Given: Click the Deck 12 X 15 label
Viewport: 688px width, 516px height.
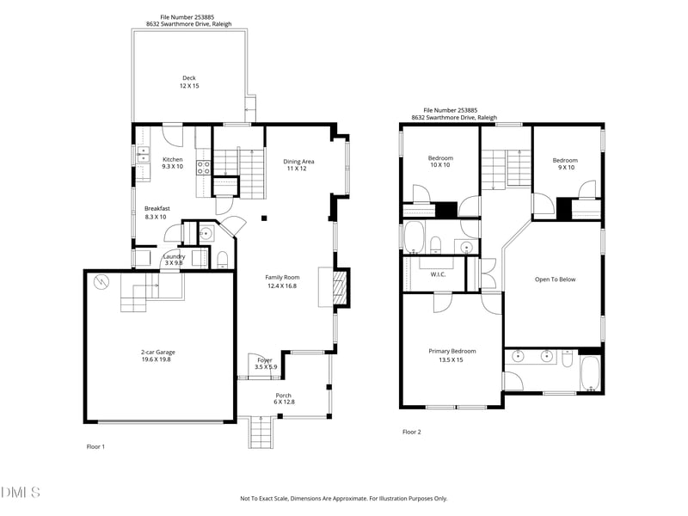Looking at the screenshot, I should pos(188,82).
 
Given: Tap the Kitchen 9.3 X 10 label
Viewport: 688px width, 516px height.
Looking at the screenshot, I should pos(173,163).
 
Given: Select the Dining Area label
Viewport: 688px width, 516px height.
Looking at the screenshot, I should pos(298,164).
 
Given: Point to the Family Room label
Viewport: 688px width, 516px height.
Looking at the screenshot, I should pos(282,281).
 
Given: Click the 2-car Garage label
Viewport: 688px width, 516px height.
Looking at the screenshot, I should pos(158,356).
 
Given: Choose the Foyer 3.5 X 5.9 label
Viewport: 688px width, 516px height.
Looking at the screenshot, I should pos(264,364).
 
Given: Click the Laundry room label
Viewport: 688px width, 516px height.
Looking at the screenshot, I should pos(175,260).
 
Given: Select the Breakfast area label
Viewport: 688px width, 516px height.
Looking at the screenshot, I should pos(157,212).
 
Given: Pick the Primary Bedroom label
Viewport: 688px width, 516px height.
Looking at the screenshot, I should pos(452,355).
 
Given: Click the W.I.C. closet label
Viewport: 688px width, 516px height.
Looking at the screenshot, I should pos(437,274).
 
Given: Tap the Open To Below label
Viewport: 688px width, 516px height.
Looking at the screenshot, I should pos(555,279).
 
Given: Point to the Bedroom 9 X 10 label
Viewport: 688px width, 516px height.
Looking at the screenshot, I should pos(565,164).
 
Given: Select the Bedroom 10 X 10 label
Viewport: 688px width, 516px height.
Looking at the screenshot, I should pos(440,162).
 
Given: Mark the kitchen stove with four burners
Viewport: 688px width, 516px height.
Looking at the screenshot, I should pos(204,168).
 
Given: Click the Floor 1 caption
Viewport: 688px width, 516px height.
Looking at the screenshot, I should pos(95,446).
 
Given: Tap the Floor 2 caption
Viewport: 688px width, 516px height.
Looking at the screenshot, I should pos(412,432).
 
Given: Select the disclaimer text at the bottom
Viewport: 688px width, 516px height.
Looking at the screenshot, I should pos(343,498).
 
